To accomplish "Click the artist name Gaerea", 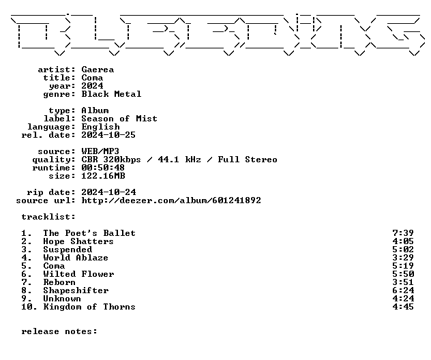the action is pyautogui.click(x=98, y=70).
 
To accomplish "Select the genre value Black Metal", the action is pyautogui.click(x=111, y=94).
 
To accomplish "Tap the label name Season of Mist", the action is pyautogui.click(x=119, y=119).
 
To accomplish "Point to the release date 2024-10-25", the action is pyautogui.click(x=108, y=135).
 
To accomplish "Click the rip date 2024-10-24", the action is pyautogui.click(x=108, y=192).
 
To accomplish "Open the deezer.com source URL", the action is pyautogui.click(x=171, y=200).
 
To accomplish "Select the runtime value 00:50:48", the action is pyautogui.click(x=103, y=168).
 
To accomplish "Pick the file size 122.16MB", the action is pyautogui.click(x=103, y=176).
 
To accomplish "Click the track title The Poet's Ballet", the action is pyautogui.click(x=89, y=233).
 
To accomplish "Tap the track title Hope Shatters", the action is pyautogui.click(x=78, y=241).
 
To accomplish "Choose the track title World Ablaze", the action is pyautogui.click(x=76, y=258).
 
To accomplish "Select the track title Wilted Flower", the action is pyautogui.click(x=78, y=274).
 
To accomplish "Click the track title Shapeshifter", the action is pyautogui.click(x=76, y=290).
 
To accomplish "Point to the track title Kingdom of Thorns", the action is pyautogui.click(x=89, y=307).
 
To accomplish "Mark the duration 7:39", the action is pyautogui.click(x=403, y=233).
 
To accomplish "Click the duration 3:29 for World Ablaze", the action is pyautogui.click(x=403, y=258).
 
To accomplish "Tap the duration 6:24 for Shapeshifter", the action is pyautogui.click(x=403, y=290).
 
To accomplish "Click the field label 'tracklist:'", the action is pyautogui.click(x=48, y=217).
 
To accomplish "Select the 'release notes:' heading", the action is pyautogui.click(x=59, y=331).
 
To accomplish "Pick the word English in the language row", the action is pyautogui.click(x=101, y=127).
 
